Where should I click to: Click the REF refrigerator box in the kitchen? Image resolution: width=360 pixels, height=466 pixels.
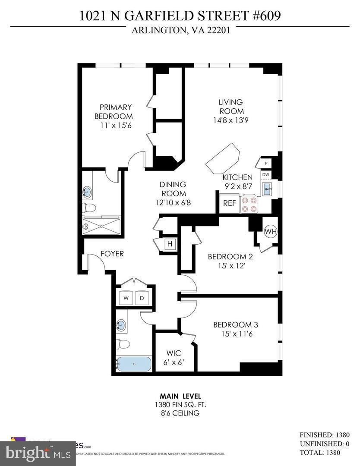click(229, 203)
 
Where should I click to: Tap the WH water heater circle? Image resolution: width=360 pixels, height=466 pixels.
click(270, 231)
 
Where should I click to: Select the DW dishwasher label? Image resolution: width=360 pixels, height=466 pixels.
click(266, 175)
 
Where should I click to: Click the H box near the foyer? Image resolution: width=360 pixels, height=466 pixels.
click(170, 244)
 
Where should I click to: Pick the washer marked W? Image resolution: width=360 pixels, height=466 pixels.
click(126, 298)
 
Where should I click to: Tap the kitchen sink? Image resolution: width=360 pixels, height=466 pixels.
click(267, 189)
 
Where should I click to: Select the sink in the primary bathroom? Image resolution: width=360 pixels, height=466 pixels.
click(88, 192)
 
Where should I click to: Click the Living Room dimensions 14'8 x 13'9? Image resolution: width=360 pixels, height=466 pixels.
click(231, 121)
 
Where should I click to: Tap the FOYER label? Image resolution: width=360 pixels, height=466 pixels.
click(112, 254)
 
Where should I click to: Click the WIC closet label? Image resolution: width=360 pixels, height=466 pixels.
click(173, 353)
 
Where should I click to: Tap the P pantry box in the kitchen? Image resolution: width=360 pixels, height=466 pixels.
click(266, 164)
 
